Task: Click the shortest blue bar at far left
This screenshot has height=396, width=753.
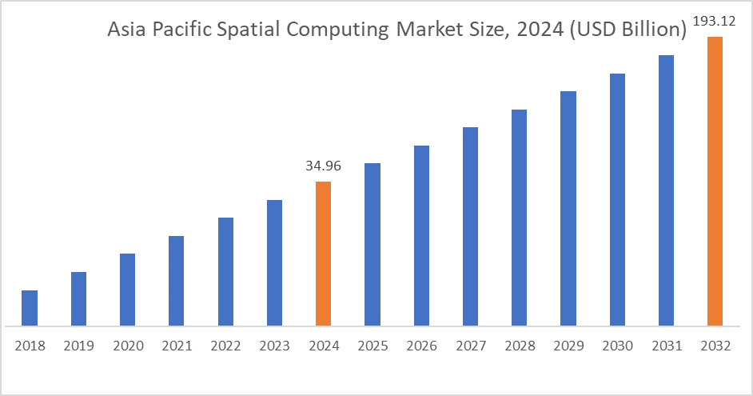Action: point(29,306)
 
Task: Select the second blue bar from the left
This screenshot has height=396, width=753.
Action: point(79,297)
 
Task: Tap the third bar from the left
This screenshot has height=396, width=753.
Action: point(128,287)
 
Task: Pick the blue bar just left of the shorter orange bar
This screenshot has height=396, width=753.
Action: point(274,262)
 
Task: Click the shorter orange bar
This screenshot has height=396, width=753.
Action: point(322,252)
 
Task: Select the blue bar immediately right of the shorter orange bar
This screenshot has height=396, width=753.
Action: point(373,242)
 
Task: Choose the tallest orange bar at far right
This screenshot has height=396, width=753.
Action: point(713,180)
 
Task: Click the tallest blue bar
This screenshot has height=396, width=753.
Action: point(667,188)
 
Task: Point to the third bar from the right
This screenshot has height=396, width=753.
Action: point(616,198)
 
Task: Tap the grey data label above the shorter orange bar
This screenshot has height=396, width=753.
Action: point(322,166)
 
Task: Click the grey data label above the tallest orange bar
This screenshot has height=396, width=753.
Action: point(712,18)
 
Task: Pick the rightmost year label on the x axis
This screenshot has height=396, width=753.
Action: point(712,346)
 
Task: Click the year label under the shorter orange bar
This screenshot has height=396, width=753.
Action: point(322,346)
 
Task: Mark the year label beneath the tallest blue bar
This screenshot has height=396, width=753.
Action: point(667,346)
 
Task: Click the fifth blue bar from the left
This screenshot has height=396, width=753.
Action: point(226,271)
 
